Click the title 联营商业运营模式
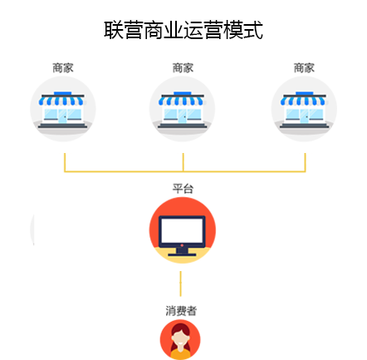[183, 30]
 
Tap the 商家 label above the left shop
[63, 68]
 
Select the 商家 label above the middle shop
[183, 68]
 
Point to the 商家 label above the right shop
[304, 68]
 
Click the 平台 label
[183, 189]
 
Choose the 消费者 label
[181, 311]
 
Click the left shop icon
[63, 109]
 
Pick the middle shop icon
[183, 109]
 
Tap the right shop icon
[304, 109]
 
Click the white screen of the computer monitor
[182, 230]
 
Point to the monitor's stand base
[182, 254]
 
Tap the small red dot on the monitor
[182, 245]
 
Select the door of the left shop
[62, 116]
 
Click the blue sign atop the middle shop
[183, 93]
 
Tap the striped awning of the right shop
[303, 101]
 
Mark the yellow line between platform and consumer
[181, 284]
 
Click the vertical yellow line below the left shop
[65, 162]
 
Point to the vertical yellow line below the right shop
[305, 162]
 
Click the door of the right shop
[304, 116]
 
